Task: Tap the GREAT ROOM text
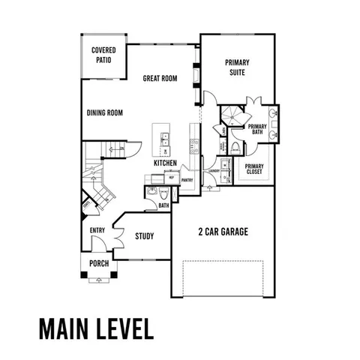(160, 78)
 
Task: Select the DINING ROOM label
(104, 113)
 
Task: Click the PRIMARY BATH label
(257, 130)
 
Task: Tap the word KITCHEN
(166, 163)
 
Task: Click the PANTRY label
(187, 180)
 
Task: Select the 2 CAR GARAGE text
(223, 232)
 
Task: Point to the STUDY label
(144, 236)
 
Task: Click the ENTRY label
(97, 231)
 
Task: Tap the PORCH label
(98, 263)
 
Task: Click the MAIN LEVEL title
(94, 328)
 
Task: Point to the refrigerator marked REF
(171, 178)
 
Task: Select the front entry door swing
(96, 245)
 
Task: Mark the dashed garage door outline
(223, 278)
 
